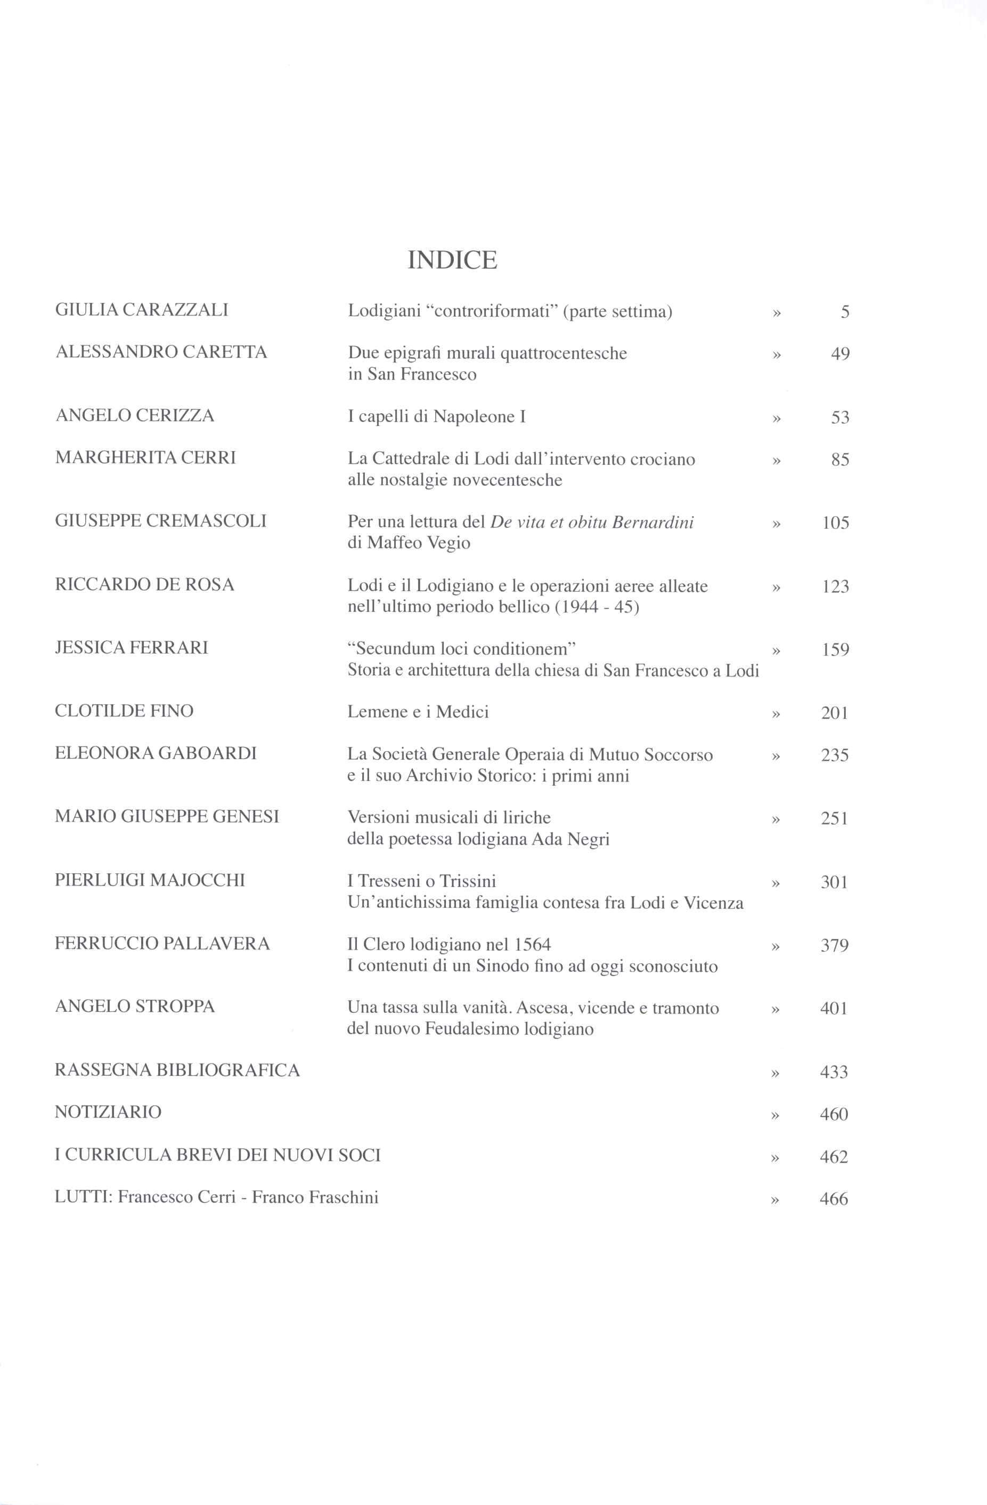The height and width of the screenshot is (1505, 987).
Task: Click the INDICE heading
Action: point(452,260)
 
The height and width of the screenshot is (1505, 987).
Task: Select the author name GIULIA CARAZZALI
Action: point(142,310)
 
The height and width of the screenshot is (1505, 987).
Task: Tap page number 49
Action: point(840,354)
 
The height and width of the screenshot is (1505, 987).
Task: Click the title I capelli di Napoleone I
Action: point(436,417)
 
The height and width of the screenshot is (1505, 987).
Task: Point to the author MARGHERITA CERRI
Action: point(145,458)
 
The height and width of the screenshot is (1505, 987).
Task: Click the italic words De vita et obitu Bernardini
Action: point(592,522)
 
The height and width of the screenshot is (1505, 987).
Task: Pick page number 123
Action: point(835,587)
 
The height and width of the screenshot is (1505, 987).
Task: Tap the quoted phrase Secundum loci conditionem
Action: point(461,649)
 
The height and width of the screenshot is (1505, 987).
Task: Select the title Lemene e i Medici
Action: point(418,712)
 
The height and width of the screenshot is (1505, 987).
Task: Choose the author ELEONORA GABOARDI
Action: point(156,753)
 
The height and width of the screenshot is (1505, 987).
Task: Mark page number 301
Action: point(834,882)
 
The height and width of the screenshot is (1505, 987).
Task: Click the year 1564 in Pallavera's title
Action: point(533,945)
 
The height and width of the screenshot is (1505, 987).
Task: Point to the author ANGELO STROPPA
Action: point(135,1006)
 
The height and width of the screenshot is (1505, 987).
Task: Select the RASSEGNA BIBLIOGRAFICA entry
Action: point(177,1070)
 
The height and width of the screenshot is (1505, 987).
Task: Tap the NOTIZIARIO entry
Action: point(108,1112)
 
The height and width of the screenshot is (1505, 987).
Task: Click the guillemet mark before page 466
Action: point(776,1200)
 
